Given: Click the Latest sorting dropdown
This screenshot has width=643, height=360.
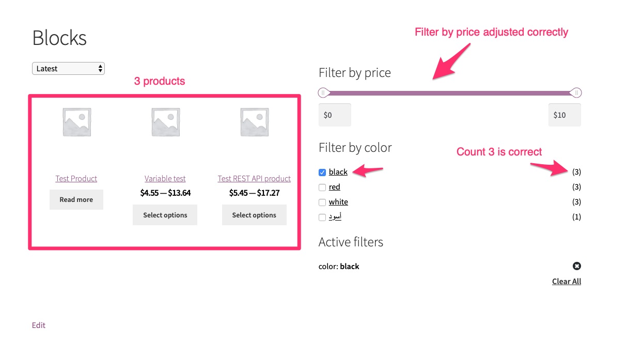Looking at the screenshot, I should coord(68,69).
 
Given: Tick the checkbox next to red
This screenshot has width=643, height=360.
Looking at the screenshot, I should coord(322,187).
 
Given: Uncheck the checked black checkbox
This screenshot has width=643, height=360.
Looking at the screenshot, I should coord(322,173).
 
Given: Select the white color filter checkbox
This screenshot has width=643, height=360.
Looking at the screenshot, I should coord(322,202).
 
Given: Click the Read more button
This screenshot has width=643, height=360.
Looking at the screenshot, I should coord(76,200).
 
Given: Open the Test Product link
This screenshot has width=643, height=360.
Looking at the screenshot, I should coord(76,179).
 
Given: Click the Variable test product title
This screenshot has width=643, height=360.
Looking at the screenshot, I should coord(165,179).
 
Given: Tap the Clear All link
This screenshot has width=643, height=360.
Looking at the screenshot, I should coord(567,281).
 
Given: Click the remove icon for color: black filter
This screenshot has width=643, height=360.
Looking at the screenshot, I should coord(577,266).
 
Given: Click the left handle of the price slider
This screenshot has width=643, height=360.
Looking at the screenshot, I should coord(323,93).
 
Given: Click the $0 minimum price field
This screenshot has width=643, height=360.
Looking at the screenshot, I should coord(335,115).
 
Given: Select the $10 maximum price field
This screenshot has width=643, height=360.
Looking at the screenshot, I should coord(564,115).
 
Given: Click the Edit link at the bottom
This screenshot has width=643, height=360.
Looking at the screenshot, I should coord(39,325).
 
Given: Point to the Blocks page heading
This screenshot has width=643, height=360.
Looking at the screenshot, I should coord(59,38).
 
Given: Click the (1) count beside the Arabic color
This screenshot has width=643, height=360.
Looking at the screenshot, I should coord(576,217).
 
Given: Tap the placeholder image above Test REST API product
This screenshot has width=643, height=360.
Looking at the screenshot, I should coord(254,122).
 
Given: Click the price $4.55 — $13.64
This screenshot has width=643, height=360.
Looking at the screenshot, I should coord(165,193).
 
